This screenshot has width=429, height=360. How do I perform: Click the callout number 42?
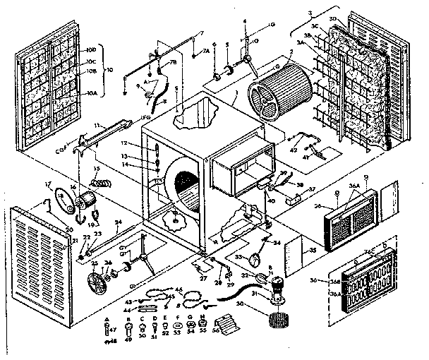coord(294,150)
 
